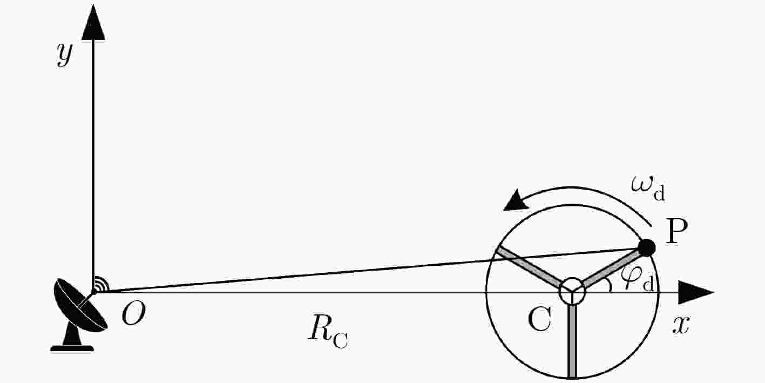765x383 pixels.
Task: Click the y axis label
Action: pyautogui.click(x=65, y=55)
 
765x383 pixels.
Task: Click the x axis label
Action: pyautogui.click(x=681, y=325)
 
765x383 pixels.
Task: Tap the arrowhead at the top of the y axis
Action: pyautogui.click(x=93, y=22)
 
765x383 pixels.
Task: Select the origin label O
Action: pyautogui.click(x=133, y=314)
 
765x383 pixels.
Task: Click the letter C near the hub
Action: pyautogui.click(x=539, y=319)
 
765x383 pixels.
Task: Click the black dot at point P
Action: pyautogui.click(x=646, y=248)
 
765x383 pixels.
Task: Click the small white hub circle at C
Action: pyautogui.click(x=572, y=291)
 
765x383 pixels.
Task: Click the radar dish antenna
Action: pyautogui.click(x=80, y=305)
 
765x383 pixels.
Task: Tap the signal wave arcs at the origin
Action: pyautogui.click(x=101, y=284)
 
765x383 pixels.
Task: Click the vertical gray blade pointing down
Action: pyautogui.click(x=572, y=341)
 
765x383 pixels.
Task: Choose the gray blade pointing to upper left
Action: pyautogui.click(x=529, y=267)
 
